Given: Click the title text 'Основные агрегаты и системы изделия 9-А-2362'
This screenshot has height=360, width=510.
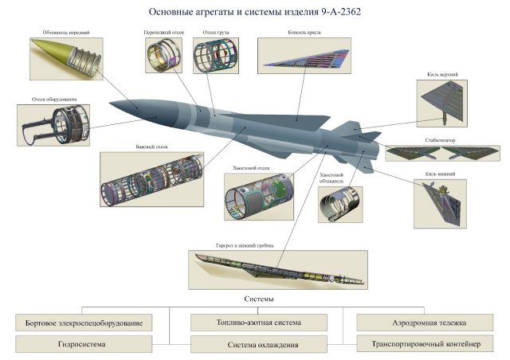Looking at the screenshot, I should tap(254, 13).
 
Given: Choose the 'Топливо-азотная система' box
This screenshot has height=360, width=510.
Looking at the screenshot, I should tap(258, 323).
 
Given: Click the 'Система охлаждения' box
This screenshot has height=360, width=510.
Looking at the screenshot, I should tap(258, 344).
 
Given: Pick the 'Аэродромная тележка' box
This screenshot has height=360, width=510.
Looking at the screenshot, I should tap(422, 323).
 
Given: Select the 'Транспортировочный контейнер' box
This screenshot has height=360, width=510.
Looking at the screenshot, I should tap(422, 344).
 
